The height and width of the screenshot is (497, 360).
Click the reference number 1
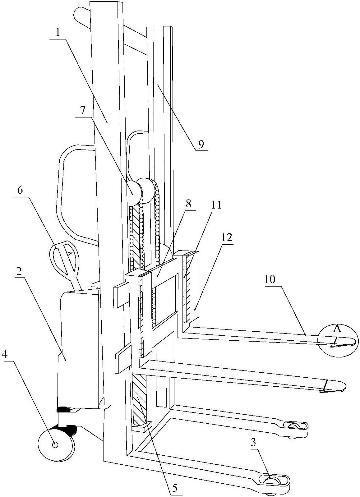point(58,33)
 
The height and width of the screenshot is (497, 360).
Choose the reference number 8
point(188,204)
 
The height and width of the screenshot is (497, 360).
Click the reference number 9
point(201,144)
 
